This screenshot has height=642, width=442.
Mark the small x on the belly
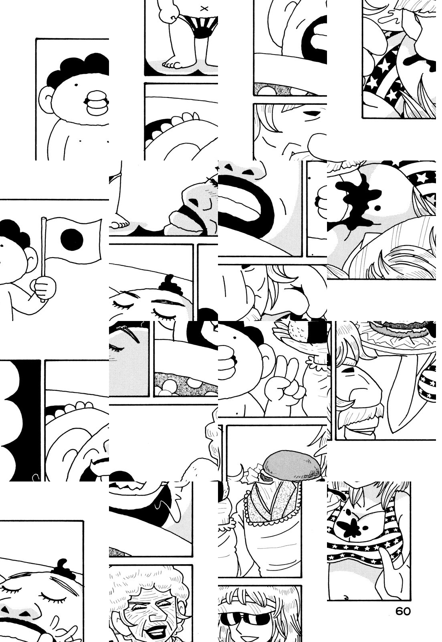point(204,8)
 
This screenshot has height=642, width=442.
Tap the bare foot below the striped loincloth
point(175,64)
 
